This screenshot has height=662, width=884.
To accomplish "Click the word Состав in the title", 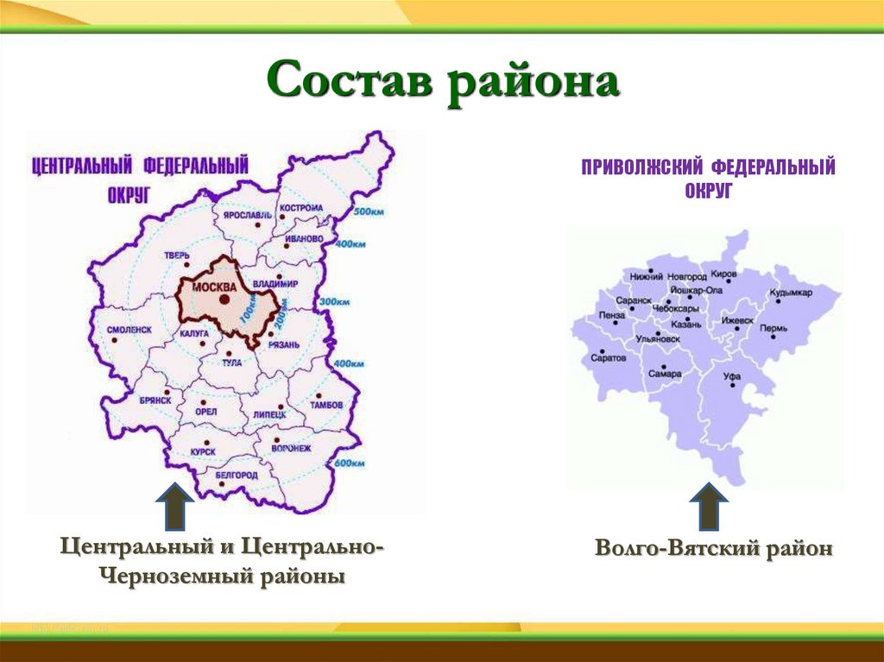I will (x=349, y=85).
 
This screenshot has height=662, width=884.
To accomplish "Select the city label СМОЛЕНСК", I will (x=129, y=330).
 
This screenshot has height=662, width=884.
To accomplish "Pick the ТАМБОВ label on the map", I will (x=326, y=405).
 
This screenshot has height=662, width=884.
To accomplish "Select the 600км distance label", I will (x=349, y=463).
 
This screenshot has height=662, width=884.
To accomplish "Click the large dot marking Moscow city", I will (x=224, y=299).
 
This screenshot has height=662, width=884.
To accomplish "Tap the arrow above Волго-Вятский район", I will (x=710, y=506).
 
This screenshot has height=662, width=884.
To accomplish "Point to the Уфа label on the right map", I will (x=732, y=377).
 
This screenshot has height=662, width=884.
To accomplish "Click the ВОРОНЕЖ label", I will (x=290, y=448).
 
